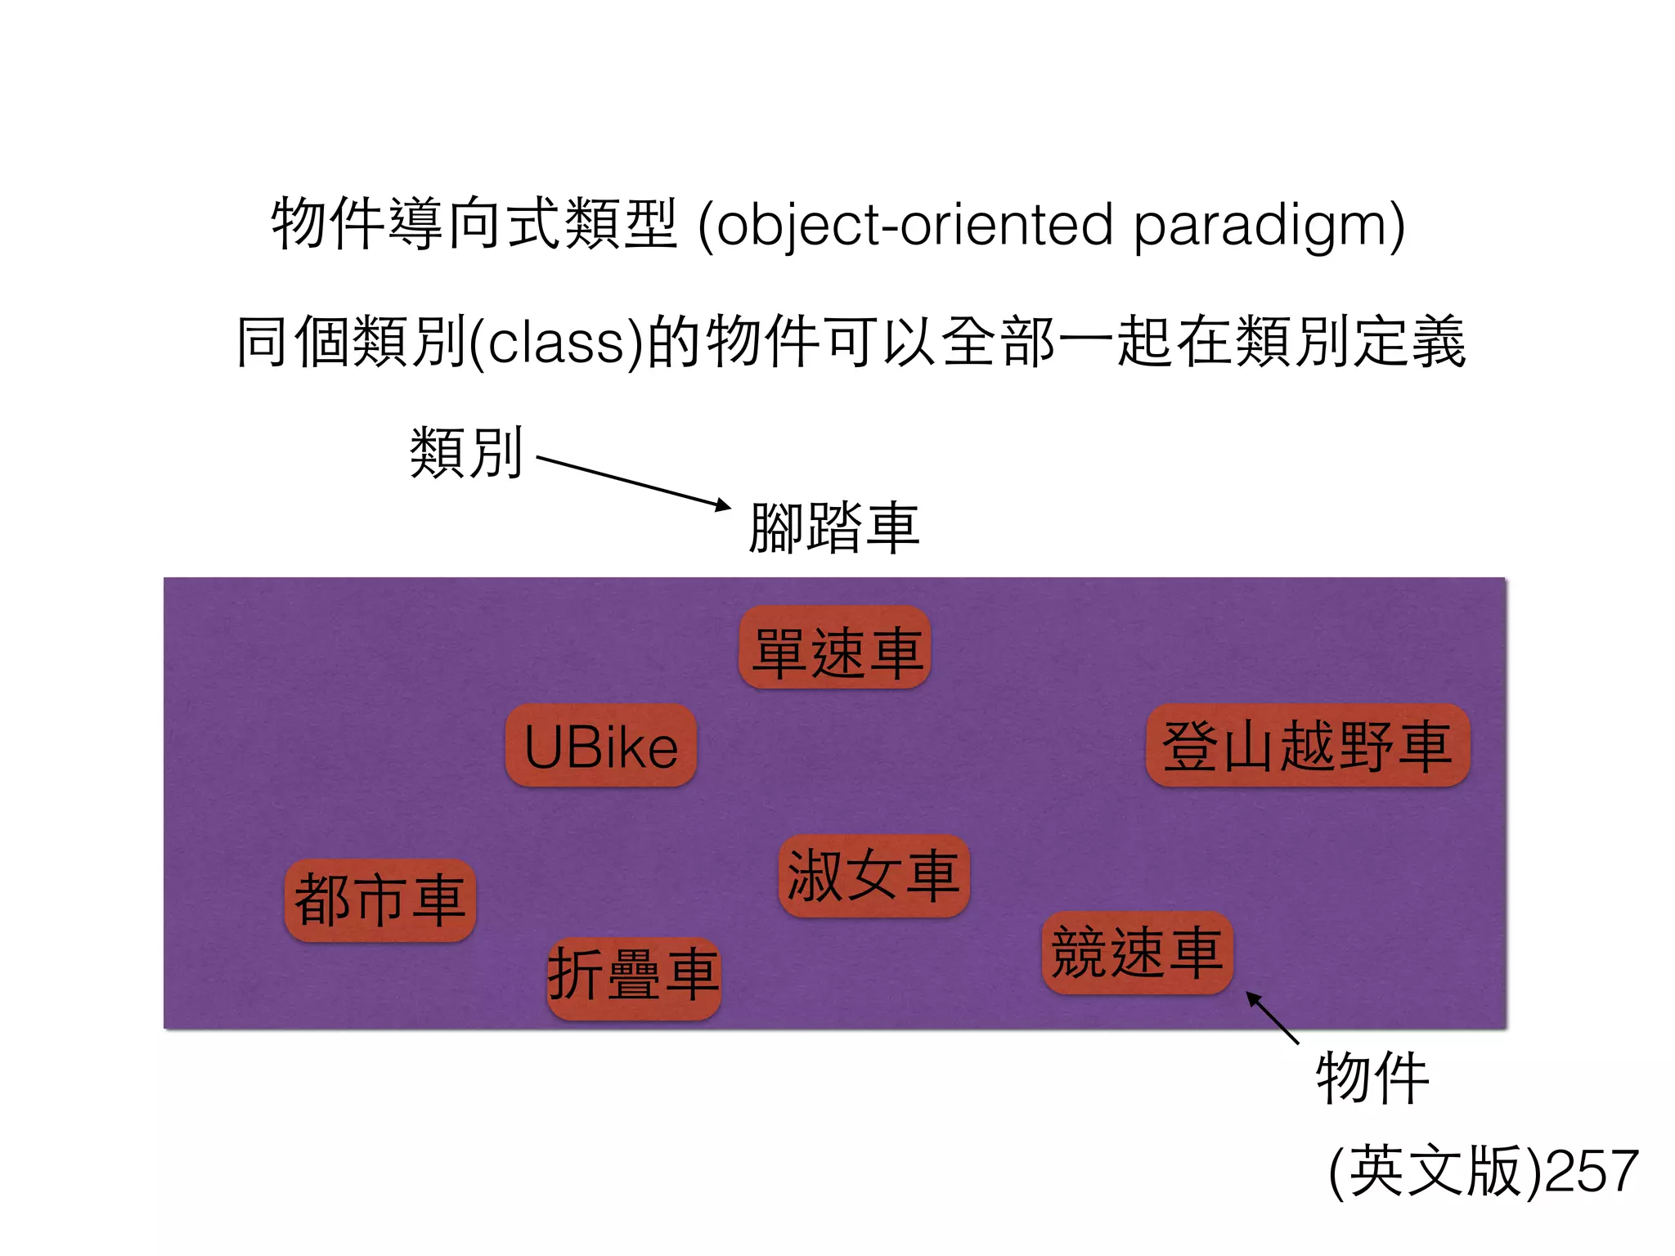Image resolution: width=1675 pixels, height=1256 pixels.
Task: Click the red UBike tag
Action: [601, 746]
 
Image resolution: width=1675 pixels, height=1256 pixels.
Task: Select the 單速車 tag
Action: [835, 648]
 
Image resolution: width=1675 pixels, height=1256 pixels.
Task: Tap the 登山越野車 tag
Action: [1307, 746]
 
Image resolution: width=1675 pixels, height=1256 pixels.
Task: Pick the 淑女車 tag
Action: [873, 876]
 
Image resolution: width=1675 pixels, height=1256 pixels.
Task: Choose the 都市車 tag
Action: [380, 900]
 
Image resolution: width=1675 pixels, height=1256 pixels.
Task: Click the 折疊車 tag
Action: [634, 978]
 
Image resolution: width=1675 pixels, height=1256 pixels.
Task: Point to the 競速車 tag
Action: [1137, 953]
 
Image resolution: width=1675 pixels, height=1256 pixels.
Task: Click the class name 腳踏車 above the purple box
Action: [834, 528]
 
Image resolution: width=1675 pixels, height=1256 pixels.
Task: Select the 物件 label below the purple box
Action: [1372, 1079]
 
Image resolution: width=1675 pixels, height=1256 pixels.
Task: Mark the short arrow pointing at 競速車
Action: [1273, 1017]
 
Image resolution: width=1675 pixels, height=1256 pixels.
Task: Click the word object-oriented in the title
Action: [914, 225]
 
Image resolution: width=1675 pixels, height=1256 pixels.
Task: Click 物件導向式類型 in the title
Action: [474, 223]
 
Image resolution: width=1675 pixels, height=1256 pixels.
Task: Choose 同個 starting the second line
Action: [294, 341]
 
